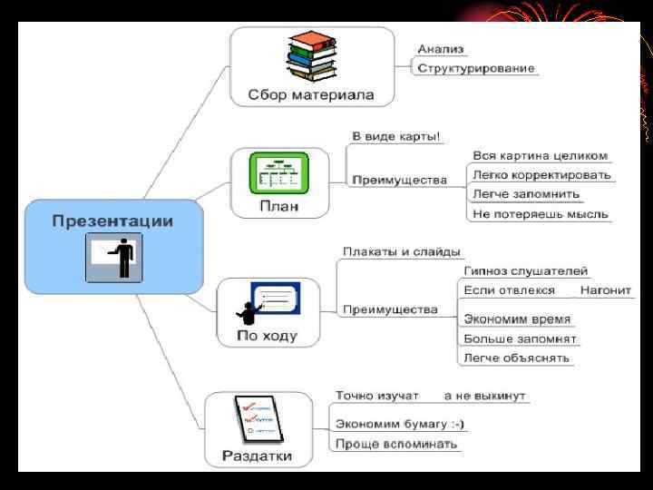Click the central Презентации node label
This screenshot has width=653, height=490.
112,220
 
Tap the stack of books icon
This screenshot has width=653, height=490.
311,59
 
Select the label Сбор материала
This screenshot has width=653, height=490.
311,94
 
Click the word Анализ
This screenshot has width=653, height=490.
440,49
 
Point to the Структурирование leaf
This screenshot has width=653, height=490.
476,68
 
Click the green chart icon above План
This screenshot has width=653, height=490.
279,173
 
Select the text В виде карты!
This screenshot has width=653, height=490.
396,136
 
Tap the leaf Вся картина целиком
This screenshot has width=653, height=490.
540,155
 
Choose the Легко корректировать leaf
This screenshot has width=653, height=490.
541,174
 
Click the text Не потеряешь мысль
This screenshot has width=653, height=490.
541,214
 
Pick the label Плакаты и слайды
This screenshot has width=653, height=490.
401,251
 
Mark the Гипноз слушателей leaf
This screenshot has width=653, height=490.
525,270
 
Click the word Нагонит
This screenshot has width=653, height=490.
606,290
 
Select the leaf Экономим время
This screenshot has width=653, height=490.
517,318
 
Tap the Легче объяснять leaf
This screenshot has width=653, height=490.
516,358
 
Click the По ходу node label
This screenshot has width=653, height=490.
267,336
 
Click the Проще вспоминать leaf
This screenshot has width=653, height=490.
396,445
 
